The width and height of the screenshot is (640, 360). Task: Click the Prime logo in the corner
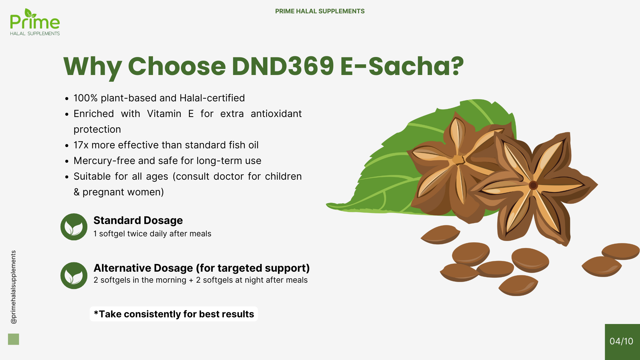[x=35, y=22]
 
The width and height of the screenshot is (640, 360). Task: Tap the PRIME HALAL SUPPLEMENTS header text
[x=320, y=11]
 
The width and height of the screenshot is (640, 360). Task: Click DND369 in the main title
[x=283, y=66]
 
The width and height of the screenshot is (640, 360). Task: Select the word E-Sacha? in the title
[x=402, y=66]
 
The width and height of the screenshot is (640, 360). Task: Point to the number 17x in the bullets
[x=81, y=145]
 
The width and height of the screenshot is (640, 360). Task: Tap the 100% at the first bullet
[x=86, y=98]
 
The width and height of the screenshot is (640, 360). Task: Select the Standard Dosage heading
[x=138, y=220]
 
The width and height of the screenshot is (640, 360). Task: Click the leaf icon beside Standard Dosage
[x=74, y=227]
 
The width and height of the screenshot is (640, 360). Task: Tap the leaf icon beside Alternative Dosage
[x=74, y=275]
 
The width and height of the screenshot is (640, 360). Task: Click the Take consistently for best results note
[x=174, y=314]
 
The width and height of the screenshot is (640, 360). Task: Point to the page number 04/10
[x=621, y=341]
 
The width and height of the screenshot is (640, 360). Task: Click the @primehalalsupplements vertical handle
[x=13, y=287]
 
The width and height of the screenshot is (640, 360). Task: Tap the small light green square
[x=13, y=339]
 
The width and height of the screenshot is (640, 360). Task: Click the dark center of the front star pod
[x=533, y=185]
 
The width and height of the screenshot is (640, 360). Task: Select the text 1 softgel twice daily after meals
[x=152, y=234]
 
